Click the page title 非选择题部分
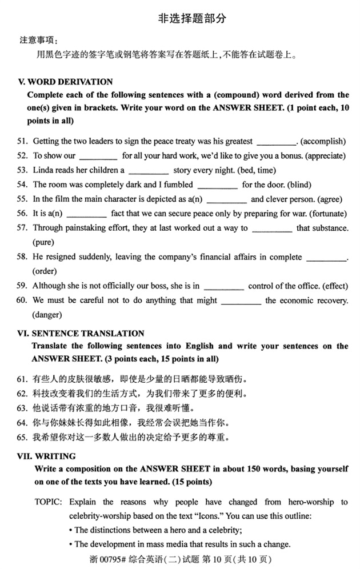coord(192,18)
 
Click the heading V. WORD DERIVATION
coord(66,82)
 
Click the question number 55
coord(22,199)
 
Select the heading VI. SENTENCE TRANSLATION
coord(81,333)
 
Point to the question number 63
coord(22,408)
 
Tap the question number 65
coord(22,438)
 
